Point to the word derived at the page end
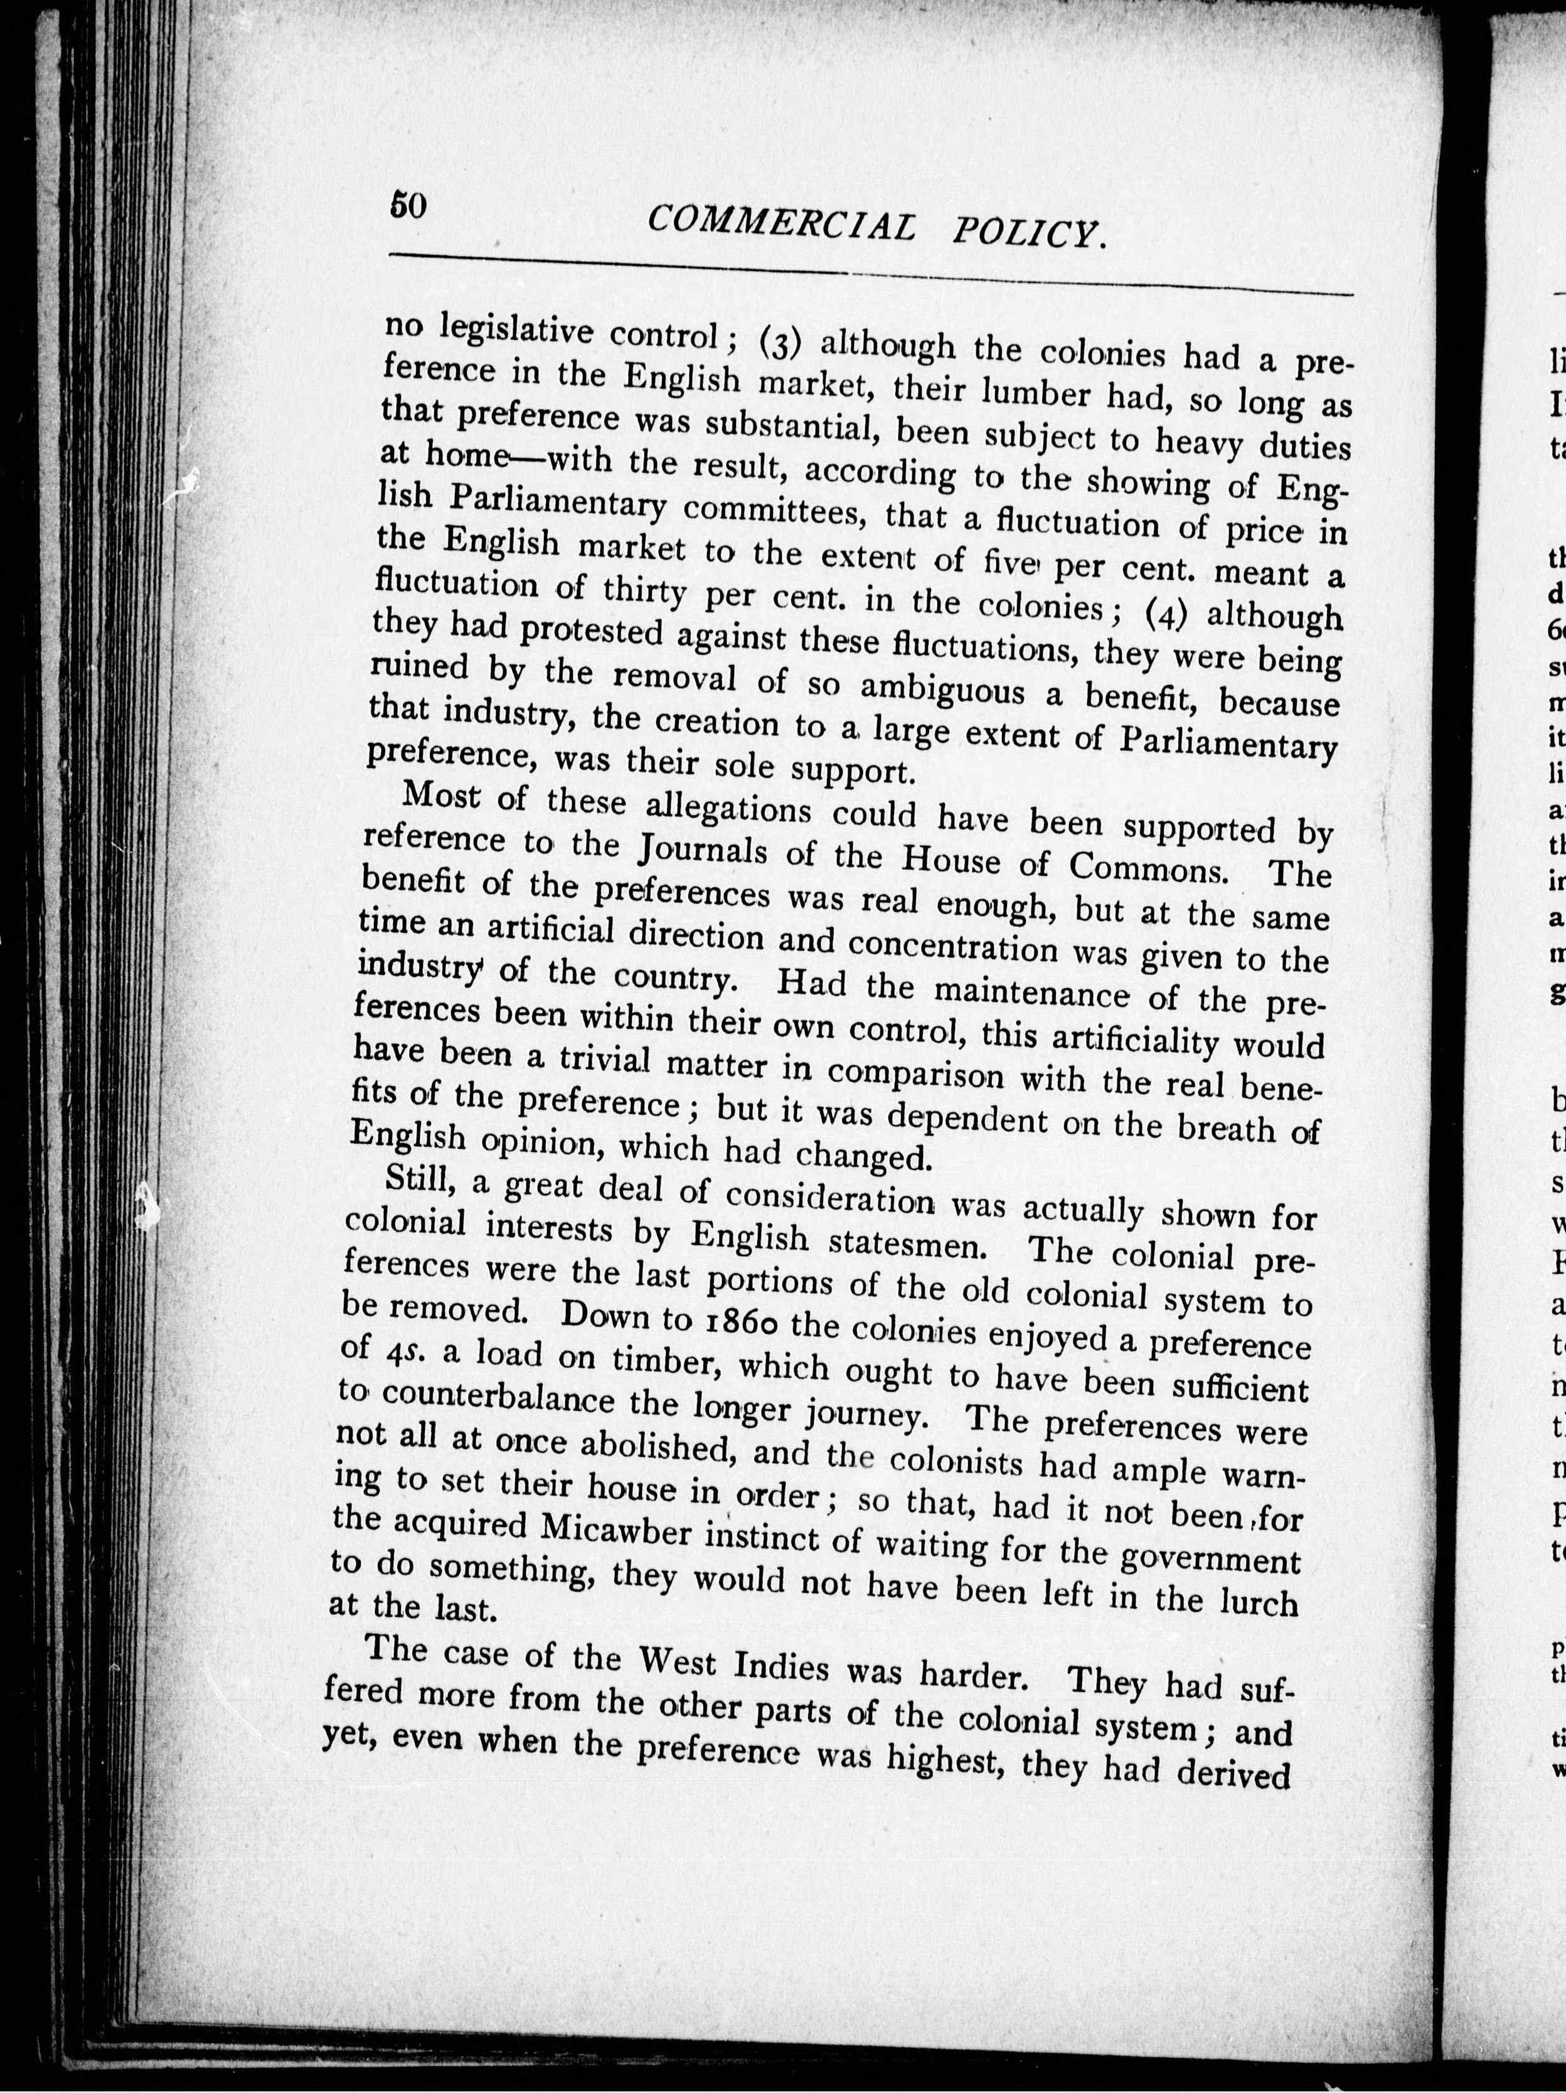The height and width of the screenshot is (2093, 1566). click(1233, 1772)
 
